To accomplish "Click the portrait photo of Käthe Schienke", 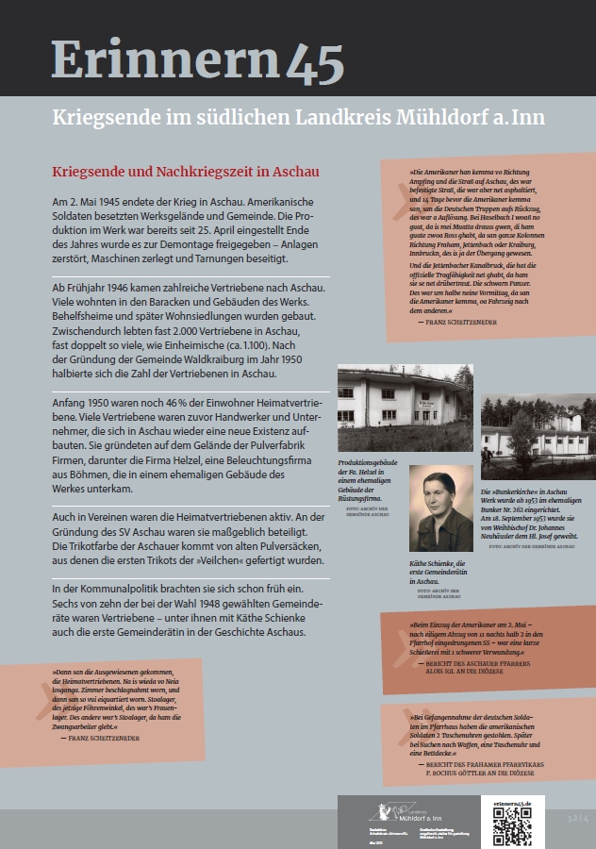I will click(440, 521).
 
